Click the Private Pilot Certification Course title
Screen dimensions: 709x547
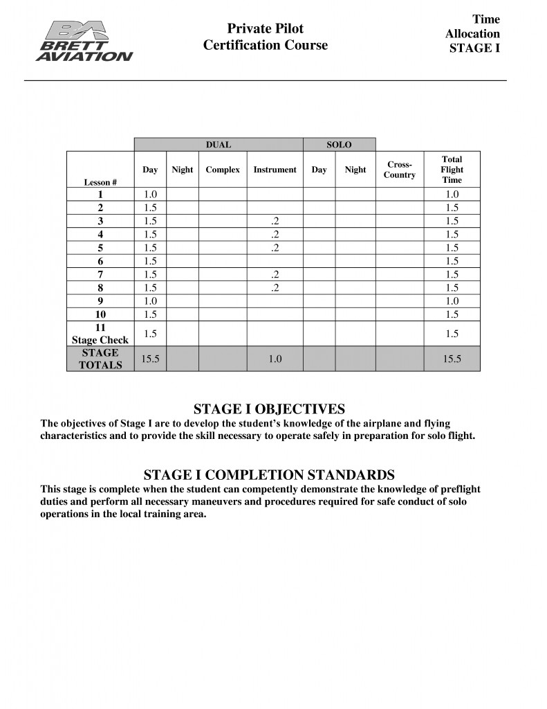click(x=266, y=37)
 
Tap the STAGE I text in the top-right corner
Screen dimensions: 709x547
click(x=474, y=48)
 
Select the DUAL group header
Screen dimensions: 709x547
click(x=219, y=145)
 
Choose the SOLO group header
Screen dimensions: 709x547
click(x=339, y=145)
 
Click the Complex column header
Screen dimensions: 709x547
click(x=223, y=170)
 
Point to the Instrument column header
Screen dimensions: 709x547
click(x=275, y=170)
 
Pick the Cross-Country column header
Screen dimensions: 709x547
click(x=400, y=170)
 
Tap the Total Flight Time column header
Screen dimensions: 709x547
click(x=452, y=170)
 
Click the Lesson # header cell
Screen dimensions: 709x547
click(x=100, y=182)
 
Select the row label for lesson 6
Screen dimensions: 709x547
click(x=100, y=261)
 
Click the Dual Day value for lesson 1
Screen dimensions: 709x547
click(x=150, y=195)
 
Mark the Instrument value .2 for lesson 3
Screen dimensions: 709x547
click(x=275, y=221)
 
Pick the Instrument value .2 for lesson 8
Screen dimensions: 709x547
click(x=275, y=287)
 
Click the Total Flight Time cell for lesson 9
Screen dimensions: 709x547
click(x=452, y=300)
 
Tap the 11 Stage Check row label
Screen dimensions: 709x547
click(x=100, y=334)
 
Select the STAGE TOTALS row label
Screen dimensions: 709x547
click(x=100, y=359)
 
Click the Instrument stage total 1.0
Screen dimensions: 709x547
click(x=275, y=359)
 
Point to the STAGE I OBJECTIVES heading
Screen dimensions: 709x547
click(x=269, y=409)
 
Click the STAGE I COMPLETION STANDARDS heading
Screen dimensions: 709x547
click(x=269, y=475)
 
